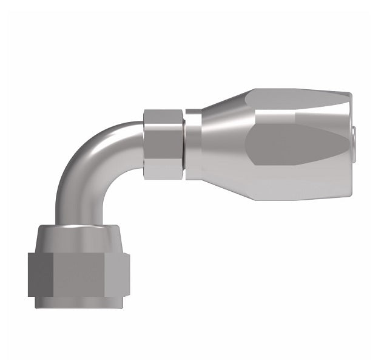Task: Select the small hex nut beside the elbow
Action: click(164, 144)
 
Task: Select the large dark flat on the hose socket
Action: click(297, 144)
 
